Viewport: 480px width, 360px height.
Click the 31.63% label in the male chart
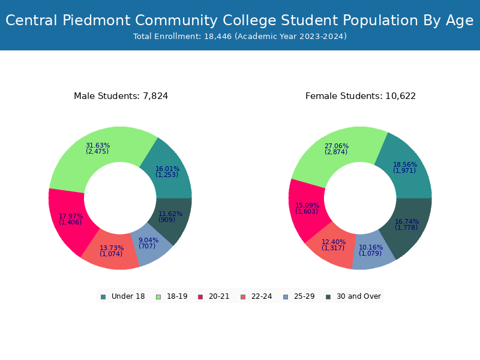[x=98, y=146]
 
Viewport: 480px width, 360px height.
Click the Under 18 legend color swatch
[x=103, y=296]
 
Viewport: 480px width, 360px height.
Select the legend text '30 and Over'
[x=358, y=296]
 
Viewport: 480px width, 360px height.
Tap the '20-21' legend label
[x=219, y=296]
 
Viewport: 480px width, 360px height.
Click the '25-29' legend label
[x=304, y=296]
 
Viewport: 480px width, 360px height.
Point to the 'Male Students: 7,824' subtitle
[x=121, y=96]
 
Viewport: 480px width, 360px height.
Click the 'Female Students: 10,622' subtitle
[x=361, y=96]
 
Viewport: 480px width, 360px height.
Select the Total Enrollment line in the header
[x=240, y=37]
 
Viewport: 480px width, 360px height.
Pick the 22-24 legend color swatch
[x=243, y=296]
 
